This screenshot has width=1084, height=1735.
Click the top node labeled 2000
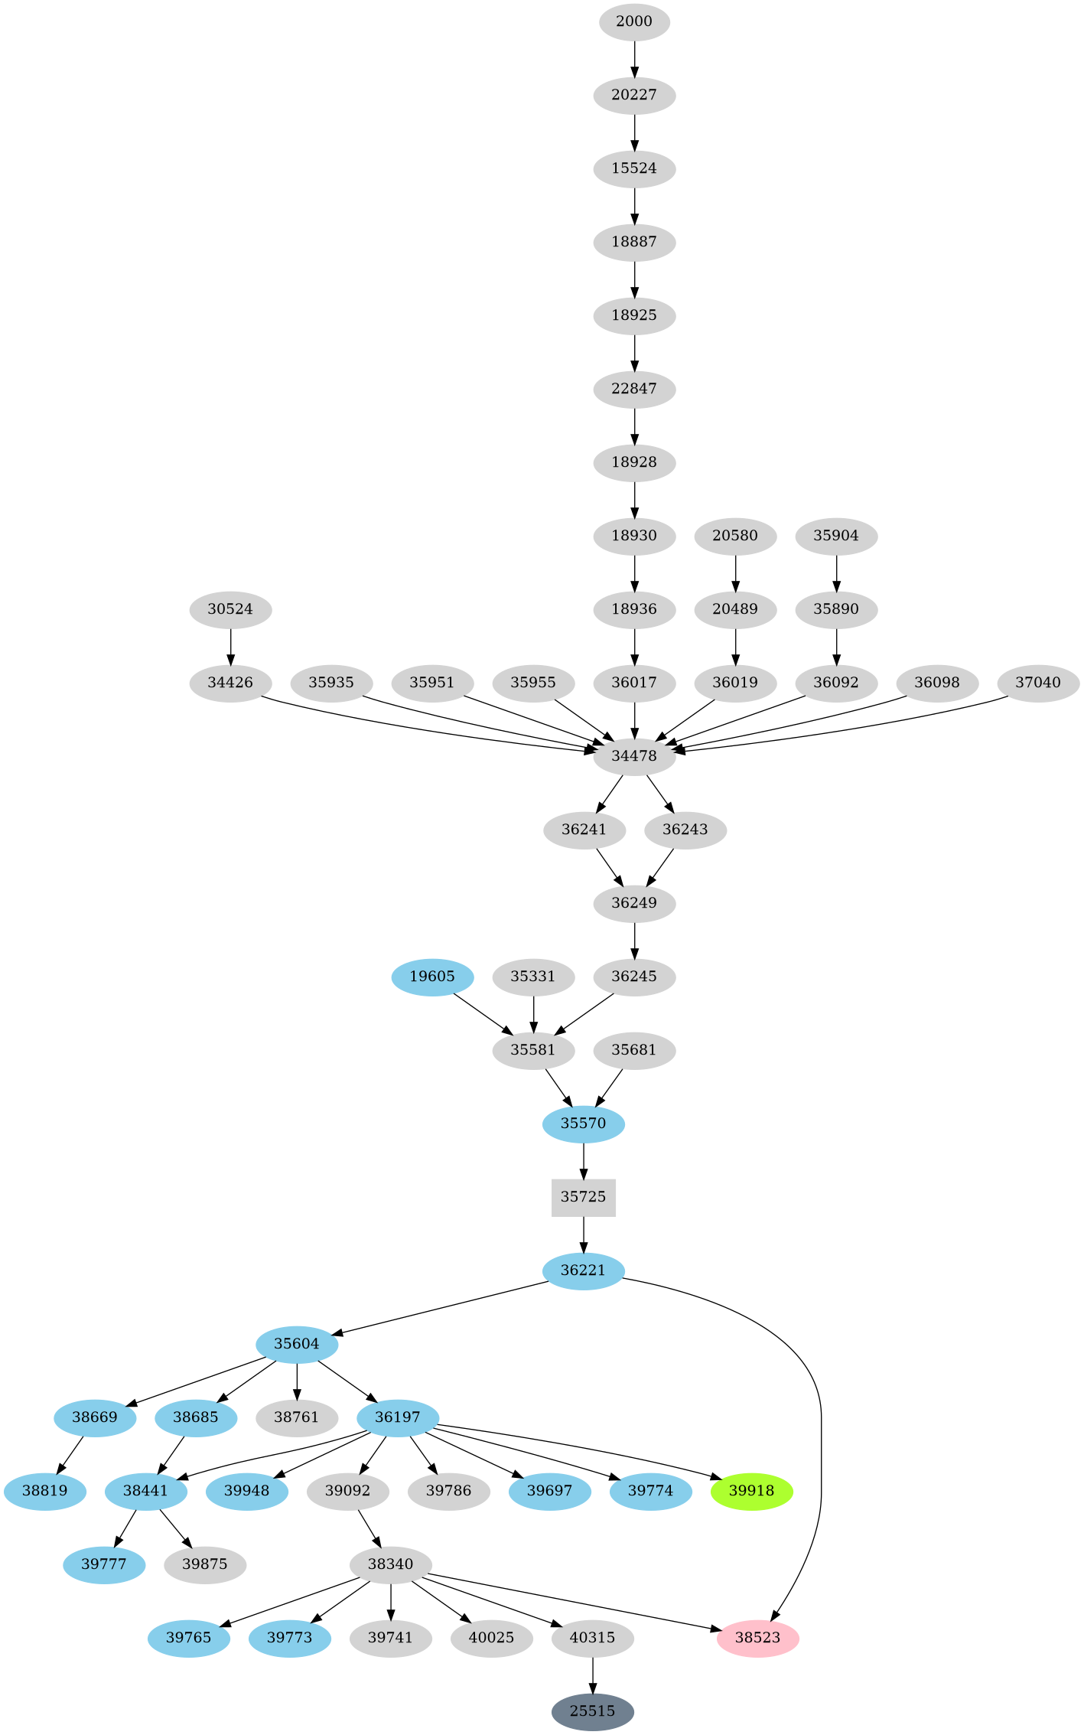[x=634, y=21]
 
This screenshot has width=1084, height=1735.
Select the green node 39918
[x=751, y=1491]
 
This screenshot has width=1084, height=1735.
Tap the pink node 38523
[x=757, y=1638]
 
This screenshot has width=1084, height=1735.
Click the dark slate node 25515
[x=592, y=1711]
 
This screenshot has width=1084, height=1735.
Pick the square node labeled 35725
[x=583, y=1197]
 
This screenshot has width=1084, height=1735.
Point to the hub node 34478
[x=634, y=756]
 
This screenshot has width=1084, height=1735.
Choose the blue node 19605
[x=432, y=977]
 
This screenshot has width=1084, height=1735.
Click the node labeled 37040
[x=1037, y=683]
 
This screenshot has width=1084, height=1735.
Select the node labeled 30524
[x=230, y=610]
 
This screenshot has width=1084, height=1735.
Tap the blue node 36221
[x=583, y=1270]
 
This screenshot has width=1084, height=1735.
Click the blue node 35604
[x=297, y=1344]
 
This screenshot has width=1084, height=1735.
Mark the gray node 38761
[x=297, y=1417]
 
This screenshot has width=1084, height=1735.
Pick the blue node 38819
[x=44, y=1491]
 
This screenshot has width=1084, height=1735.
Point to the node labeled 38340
[x=390, y=1564]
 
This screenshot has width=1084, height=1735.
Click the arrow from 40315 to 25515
[x=592, y=1675]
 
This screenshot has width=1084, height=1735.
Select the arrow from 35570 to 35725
[x=583, y=1160]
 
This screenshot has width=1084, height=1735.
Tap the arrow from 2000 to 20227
[x=634, y=58]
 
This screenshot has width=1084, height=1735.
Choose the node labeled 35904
[x=836, y=536]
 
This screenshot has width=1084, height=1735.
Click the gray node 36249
[x=634, y=903]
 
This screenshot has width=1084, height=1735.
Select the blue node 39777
[x=104, y=1564]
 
